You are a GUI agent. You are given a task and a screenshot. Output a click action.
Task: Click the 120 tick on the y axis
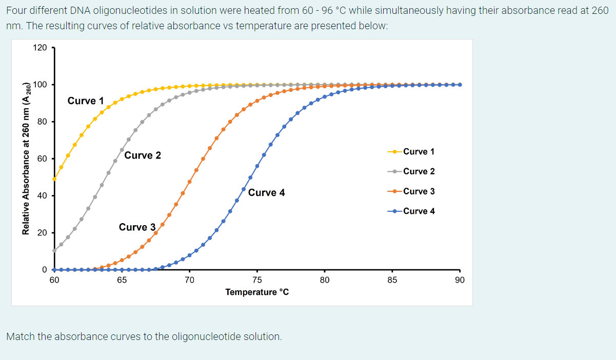pyautogui.click(x=39, y=48)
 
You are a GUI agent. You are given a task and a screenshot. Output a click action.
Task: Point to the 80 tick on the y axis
pyautogui.click(x=42, y=122)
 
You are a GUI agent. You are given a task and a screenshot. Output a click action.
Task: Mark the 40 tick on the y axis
pyautogui.click(x=42, y=195)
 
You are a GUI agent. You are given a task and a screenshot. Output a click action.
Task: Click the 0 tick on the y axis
pyautogui.click(x=44, y=270)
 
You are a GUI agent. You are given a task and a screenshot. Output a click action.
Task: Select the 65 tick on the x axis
pyautogui.click(x=122, y=280)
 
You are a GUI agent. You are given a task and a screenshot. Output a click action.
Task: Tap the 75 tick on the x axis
pyautogui.click(x=257, y=280)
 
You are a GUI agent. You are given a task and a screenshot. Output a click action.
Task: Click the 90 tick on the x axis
pyautogui.click(x=460, y=280)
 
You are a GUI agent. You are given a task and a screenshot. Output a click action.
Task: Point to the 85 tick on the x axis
pyautogui.click(x=392, y=280)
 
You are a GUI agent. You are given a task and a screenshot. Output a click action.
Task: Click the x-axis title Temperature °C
pyautogui.click(x=257, y=292)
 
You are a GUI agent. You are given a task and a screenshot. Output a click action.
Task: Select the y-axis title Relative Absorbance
pyautogui.click(x=26, y=159)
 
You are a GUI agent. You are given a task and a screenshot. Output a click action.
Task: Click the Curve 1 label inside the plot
pyautogui.click(x=85, y=101)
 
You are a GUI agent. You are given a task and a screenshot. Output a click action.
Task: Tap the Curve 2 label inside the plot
pyautogui.click(x=143, y=155)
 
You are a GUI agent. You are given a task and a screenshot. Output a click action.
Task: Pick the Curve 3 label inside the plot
pyautogui.click(x=137, y=227)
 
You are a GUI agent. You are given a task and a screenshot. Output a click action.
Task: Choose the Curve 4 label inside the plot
pyautogui.click(x=266, y=193)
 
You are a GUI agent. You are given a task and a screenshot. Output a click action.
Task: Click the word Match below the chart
pyautogui.click(x=20, y=337)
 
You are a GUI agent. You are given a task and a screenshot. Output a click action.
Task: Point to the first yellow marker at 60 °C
pyautogui.click(x=54, y=179)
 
